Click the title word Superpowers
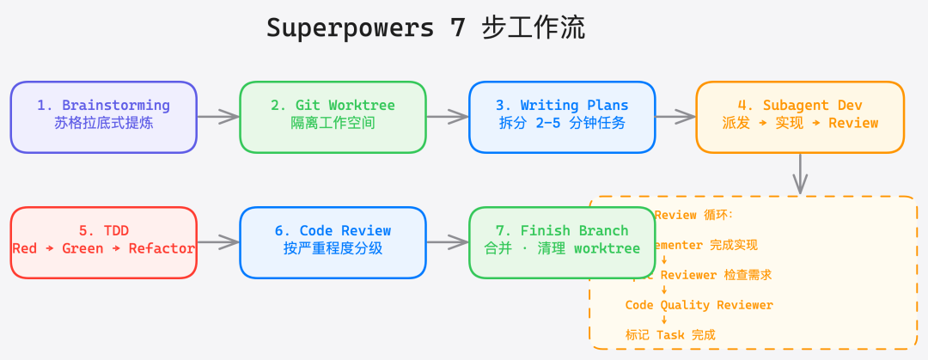coord(350,27)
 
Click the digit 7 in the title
coord(457,27)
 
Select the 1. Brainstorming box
coord(103,117)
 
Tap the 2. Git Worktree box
coord(333,117)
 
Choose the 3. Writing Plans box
coord(562,117)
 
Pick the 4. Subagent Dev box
coord(800,117)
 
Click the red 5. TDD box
coord(103,242)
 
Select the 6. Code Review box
coord(333,242)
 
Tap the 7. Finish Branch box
coord(562,242)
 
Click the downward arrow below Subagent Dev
coord(800,174)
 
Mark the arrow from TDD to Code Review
coord(218,242)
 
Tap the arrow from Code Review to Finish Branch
coord(448,242)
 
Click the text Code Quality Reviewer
coord(699,305)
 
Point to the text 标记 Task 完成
coord(670,335)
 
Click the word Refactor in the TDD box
coord(162,249)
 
